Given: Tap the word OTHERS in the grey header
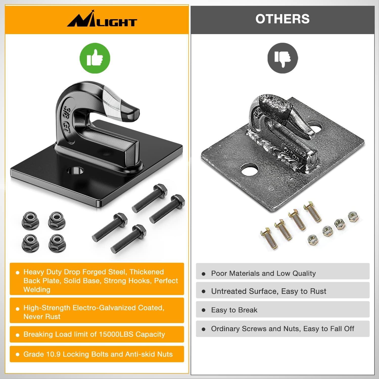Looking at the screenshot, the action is (x=282, y=19).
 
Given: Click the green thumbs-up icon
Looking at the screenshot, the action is (x=95, y=58).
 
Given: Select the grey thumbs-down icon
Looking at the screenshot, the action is (x=283, y=58).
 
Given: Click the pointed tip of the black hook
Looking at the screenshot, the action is (x=135, y=113).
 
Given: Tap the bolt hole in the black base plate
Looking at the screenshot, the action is (x=75, y=171).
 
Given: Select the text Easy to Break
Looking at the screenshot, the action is (x=234, y=310).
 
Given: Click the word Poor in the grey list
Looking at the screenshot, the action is (x=219, y=273).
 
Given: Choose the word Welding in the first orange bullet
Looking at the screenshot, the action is (x=37, y=290).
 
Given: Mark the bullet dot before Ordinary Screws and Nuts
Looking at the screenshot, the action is (x=204, y=329).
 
